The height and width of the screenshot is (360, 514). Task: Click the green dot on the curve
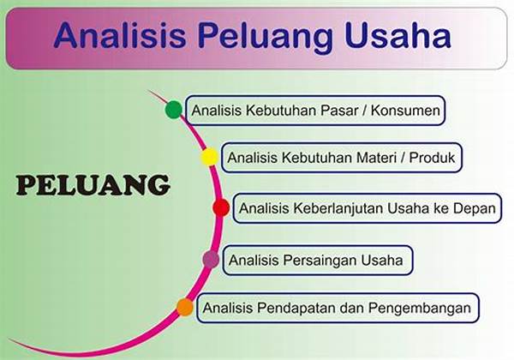click(174, 110)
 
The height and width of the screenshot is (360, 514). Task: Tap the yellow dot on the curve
click(210, 157)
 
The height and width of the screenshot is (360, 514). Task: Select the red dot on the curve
click(221, 207)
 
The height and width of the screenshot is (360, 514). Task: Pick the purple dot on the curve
click(211, 260)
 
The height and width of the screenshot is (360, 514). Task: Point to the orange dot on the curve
click(185, 307)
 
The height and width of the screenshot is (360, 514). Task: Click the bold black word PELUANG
click(93, 185)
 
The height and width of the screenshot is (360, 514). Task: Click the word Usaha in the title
click(398, 35)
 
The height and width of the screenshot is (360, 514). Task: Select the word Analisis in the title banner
click(120, 35)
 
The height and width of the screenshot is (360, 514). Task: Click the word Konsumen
click(405, 111)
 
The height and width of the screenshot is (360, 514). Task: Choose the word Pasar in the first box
click(339, 111)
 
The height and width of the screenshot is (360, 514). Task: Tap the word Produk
click(432, 158)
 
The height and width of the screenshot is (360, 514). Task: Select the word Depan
click(475, 209)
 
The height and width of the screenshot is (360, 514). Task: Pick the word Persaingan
click(320, 261)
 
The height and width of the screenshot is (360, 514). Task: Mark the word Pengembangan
click(419, 309)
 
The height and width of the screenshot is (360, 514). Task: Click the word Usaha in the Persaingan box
click(382, 261)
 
